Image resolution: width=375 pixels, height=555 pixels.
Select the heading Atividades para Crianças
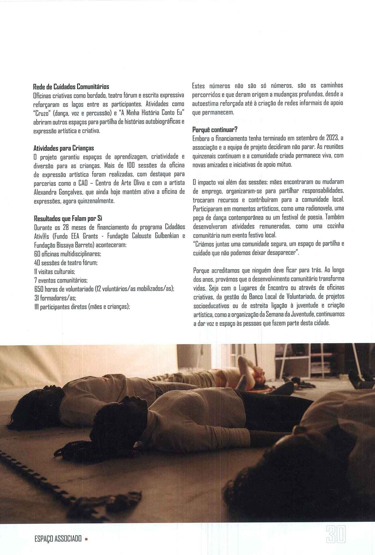pyautogui.click(x=64, y=148)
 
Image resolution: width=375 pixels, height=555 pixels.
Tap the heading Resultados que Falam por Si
pyautogui.click(x=68, y=218)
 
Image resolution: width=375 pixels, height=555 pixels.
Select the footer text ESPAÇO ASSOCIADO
pyautogui.click(x=58, y=539)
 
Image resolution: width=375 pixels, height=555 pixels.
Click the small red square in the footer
pyautogui.click(x=86, y=539)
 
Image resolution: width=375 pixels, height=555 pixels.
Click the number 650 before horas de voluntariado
pyautogui.click(x=39, y=289)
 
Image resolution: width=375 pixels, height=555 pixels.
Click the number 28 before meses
pyautogui.click(x=66, y=227)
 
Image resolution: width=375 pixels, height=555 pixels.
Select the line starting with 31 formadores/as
pyautogui.click(x=55, y=298)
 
